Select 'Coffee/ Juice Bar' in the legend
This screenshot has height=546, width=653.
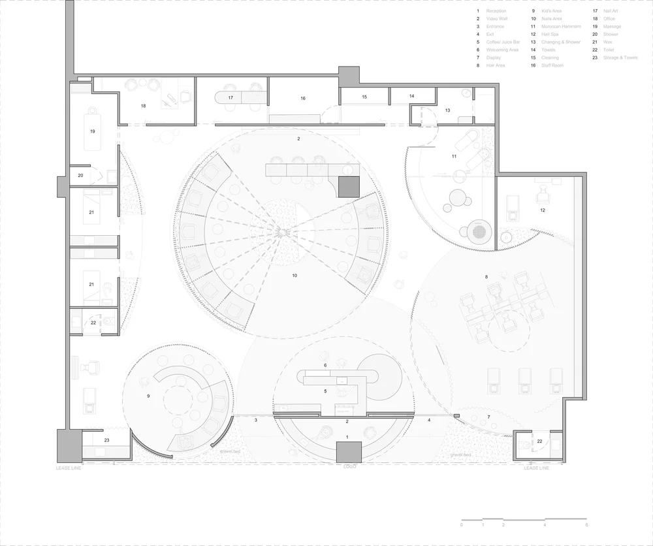[503, 42]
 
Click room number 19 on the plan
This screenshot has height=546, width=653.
[93, 131]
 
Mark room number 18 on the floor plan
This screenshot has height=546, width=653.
[143, 105]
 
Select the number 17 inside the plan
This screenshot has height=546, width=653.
[231, 98]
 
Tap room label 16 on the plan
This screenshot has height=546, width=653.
[303, 99]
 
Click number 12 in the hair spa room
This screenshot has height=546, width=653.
[542, 210]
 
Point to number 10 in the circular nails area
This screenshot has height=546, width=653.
[295, 276]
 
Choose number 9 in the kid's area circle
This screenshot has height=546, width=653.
[148, 396]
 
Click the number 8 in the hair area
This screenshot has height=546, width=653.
[486, 278]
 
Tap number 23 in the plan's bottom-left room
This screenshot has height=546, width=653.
[106, 440]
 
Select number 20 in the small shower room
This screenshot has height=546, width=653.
[80, 176]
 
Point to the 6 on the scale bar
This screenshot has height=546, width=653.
[586, 525]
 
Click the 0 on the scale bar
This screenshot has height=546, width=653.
[462, 525]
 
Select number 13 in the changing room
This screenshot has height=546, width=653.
[447, 111]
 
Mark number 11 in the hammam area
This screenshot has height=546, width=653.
[454, 157]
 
